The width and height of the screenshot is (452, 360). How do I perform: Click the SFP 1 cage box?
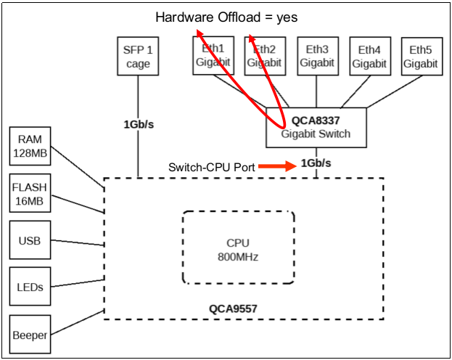(x=138, y=56)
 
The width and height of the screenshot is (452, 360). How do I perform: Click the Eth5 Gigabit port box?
(x=422, y=56)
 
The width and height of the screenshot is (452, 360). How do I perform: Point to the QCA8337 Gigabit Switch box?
(x=316, y=127)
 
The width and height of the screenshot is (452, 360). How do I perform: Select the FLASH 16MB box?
(x=30, y=193)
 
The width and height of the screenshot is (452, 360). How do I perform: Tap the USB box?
(x=30, y=240)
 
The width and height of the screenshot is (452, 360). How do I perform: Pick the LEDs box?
(x=30, y=287)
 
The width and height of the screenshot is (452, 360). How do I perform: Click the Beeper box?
(x=30, y=335)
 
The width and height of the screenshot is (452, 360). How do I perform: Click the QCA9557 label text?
(x=234, y=308)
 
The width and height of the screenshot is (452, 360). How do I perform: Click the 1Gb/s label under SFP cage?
(x=138, y=124)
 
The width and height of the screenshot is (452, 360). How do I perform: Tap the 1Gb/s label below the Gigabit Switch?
(x=316, y=163)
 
